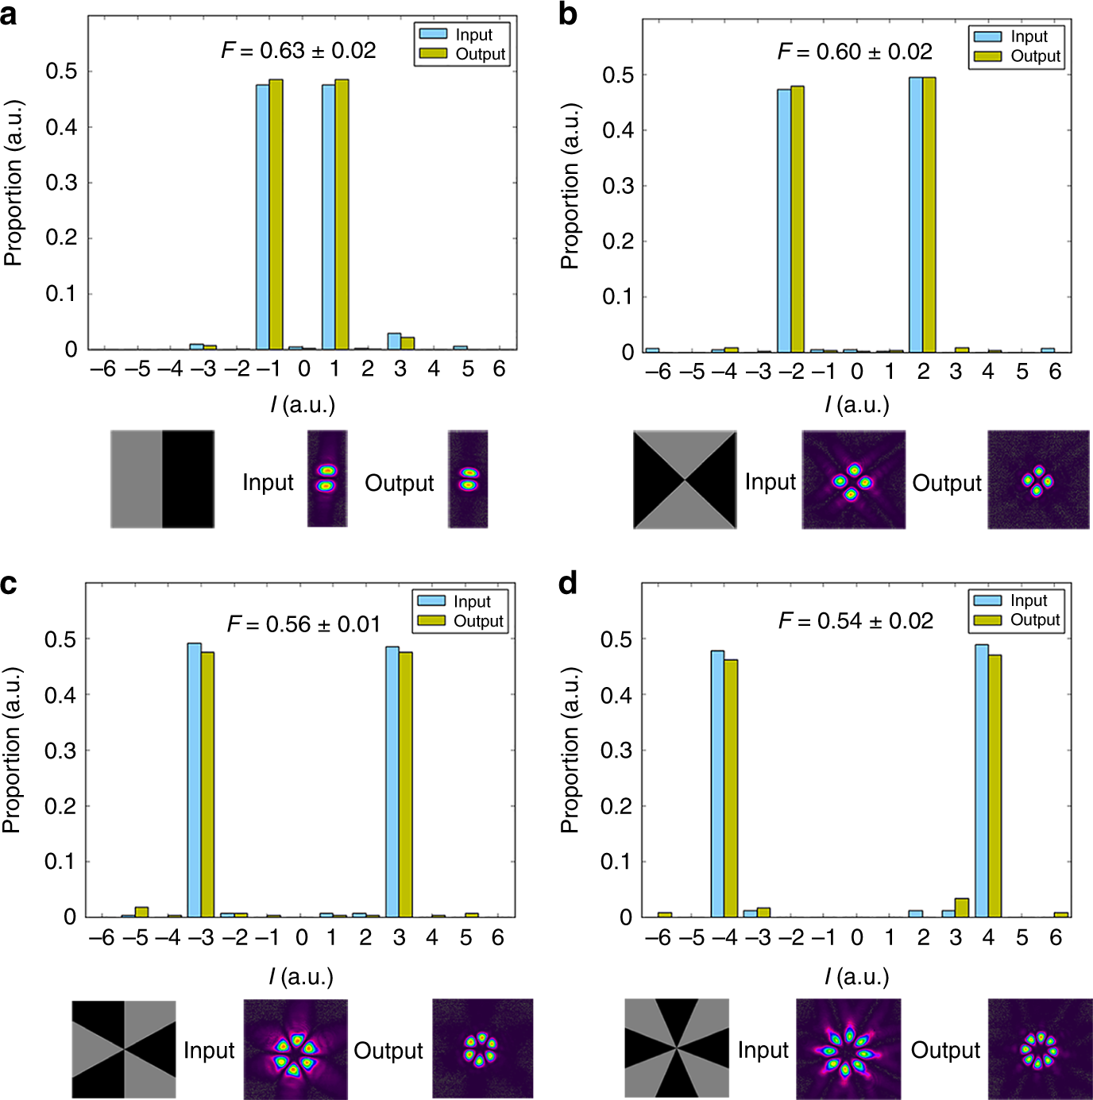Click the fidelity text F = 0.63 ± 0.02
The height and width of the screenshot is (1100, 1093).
(x=299, y=51)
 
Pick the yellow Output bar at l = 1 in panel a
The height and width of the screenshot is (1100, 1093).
(x=342, y=214)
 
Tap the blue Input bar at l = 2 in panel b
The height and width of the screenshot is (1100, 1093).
(x=916, y=214)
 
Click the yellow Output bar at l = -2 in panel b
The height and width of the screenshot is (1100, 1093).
(x=798, y=219)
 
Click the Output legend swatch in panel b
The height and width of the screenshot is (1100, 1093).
(x=987, y=56)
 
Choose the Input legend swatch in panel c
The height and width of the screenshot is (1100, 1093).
(x=431, y=601)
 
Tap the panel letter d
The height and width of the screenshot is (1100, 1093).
(x=568, y=584)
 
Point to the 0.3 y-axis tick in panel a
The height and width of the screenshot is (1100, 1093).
(x=61, y=183)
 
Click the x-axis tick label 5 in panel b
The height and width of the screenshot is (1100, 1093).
(x=1022, y=372)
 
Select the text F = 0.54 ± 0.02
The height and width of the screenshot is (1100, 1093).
(x=855, y=621)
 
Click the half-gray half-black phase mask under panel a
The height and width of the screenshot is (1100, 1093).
(x=162, y=479)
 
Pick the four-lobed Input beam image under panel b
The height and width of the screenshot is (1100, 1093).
(x=853, y=480)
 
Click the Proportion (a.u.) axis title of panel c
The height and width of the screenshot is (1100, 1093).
(x=12, y=750)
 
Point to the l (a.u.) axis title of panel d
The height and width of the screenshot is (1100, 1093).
(x=857, y=977)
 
